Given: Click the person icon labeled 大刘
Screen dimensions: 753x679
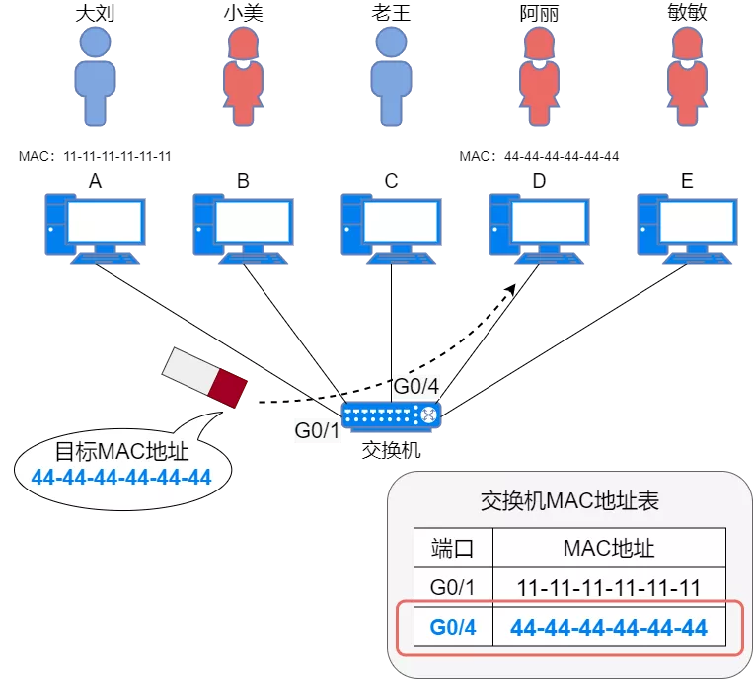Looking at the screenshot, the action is coord(95,76).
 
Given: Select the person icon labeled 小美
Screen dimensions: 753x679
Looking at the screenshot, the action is coord(243,76).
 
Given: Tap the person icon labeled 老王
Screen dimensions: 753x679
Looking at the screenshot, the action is coord(391,76).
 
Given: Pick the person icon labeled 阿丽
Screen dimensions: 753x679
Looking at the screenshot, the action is coord(539,76).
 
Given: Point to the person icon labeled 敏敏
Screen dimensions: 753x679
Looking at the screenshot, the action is coord(687,76).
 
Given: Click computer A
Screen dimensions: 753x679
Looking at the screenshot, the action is coord(95,230).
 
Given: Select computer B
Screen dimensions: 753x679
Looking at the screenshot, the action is coord(243,230).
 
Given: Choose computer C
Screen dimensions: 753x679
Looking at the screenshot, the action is coord(391,230).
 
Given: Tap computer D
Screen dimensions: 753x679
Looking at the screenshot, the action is coord(539,230).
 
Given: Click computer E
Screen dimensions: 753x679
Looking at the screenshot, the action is coord(687,230).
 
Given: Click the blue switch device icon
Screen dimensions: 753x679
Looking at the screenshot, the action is coord(391,416).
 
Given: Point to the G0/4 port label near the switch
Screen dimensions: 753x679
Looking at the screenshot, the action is coord(415,386).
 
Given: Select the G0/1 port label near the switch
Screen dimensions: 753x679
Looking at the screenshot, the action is coord(317,430).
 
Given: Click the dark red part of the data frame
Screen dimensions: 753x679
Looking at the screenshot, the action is coord(228,388).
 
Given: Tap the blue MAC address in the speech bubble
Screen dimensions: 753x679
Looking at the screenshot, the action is coord(121,478).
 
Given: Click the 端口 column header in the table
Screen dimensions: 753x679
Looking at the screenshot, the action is coord(453,548).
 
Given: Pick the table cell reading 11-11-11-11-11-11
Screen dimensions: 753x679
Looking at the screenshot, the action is coord(609,588).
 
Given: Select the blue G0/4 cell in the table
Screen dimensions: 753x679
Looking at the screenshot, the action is coord(453,627).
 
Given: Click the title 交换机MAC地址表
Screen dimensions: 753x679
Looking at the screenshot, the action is coord(569,500).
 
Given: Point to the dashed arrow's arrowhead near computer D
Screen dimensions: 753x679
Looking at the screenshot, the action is coord(510,289).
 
